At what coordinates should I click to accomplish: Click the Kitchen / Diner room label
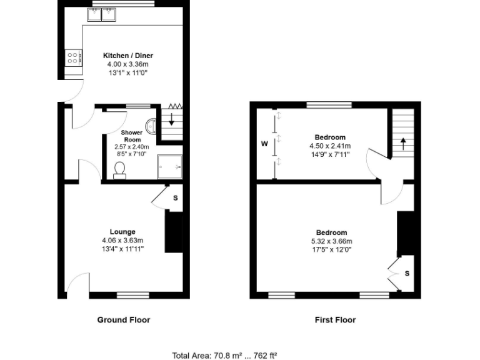[127, 56]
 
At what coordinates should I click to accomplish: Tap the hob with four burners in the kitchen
[73, 58]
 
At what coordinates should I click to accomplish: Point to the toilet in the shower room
[120, 169]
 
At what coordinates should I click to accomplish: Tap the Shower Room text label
[132, 136]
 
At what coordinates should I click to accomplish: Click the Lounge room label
[122, 232]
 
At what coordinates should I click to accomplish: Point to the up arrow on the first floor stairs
[402, 143]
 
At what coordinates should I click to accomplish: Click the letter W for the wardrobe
[264, 143]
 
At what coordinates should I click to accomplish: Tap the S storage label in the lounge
[175, 198]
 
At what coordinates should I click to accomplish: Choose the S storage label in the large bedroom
[407, 273]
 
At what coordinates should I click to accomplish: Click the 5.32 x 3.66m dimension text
[331, 241]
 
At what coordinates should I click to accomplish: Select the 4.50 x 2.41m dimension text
[329, 146]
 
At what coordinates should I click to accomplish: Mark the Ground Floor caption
[123, 319]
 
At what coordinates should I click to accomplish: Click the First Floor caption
[335, 319]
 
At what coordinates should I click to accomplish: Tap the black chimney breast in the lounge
[173, 232]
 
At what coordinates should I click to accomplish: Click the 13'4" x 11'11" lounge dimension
[122, 249]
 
